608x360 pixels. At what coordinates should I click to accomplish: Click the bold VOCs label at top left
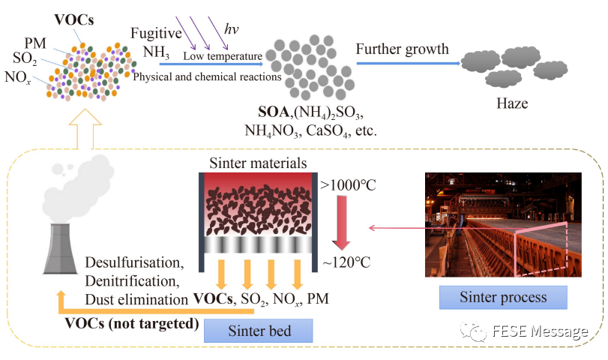click(x=73, y=17)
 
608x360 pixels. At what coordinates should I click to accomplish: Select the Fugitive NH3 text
click(x=157, y=42)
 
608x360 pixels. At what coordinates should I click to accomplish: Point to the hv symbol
click(x=232, y=29)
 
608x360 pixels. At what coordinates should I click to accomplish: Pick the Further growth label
click(x=402, y=49)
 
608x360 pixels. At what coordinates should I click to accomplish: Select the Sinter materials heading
click(x=259, y=162)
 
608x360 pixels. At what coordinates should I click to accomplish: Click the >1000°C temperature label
click(x=349, y=182)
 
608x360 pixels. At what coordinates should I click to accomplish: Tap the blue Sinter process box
click(x=502, y=297)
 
